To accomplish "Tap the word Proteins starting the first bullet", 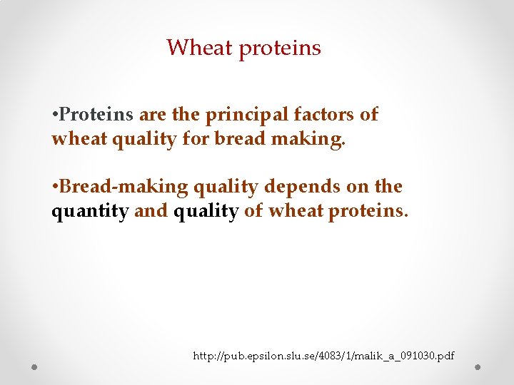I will (96, 115).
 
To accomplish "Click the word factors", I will (326, 115).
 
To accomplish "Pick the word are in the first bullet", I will (151, 115).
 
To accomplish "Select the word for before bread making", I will (194, 139).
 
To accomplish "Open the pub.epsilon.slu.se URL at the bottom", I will (323, 355).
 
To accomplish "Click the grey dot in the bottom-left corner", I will (34, 366).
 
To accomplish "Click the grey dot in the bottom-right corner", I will (478, 366).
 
